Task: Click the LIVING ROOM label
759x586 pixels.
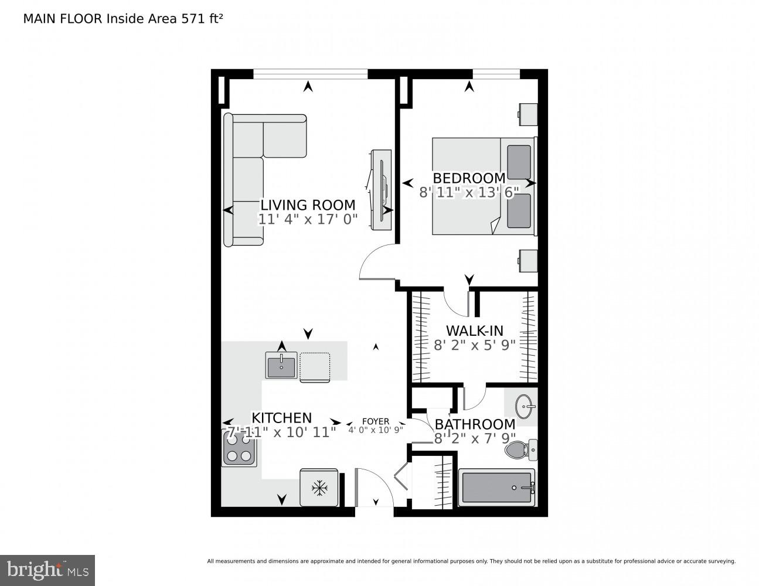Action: click(x=308, y=205)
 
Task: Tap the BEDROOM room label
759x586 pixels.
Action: click(x=469, y=178)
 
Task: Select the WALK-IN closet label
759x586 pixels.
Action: click(x=474, y=331)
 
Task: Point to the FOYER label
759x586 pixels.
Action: click(x=376, y=421)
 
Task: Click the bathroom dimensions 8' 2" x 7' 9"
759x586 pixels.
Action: click(x=474, y=438)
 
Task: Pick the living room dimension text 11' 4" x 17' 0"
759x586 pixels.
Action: click(x=308, y=220)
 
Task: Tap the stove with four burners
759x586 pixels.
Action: click(x=239, y=449)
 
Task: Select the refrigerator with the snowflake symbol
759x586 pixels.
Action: click(x=319, y=487)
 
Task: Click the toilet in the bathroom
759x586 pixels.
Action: click(x=521, y=450)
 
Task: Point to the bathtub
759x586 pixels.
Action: click(x=497, y=487)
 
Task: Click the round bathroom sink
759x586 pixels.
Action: click(x=525, y=405)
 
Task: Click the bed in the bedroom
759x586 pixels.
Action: click(x=484, y=186)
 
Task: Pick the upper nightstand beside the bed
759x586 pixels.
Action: click(x=527, y=114)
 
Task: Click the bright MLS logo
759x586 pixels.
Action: click(x=47, y=570)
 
